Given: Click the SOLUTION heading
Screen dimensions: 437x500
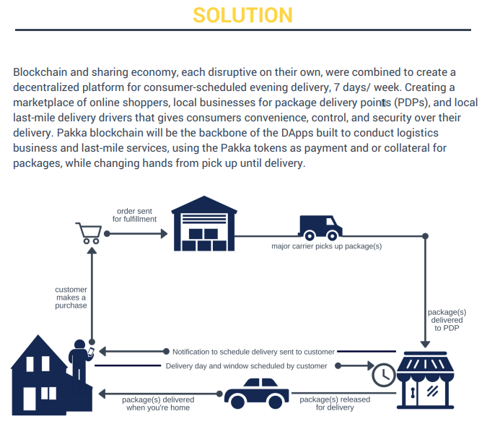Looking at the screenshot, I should click(x=242, y=14).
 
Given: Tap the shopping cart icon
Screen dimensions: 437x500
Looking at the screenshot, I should click(x=88, y=233).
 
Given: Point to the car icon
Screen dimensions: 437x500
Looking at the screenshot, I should click(x=257, y=394).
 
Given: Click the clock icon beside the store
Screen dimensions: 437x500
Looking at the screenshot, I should click(x=383, y=373).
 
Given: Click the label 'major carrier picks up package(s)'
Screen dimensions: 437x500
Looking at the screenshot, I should click(x=326, y=246).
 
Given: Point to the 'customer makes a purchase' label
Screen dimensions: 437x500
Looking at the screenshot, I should click(x=71, y=298).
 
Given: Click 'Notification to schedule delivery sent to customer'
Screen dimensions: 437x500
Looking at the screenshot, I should click(x=253, y=352).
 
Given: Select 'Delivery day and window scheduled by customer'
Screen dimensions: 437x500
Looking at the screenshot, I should click(x=247, y=366).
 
